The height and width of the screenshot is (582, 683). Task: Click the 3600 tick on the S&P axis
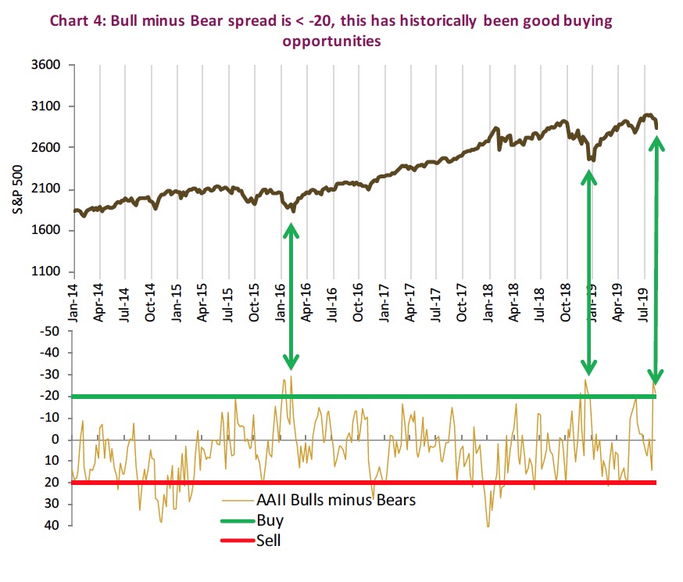(45, 65)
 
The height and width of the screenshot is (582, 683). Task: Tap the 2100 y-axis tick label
(45, 189)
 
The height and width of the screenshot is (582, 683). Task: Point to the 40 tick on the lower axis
(53, 525)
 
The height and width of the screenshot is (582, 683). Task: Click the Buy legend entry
(270, 520)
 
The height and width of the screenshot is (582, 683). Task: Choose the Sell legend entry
(268, 541)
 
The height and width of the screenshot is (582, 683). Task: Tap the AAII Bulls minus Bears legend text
(336, 500)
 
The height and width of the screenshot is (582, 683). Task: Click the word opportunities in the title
(331, 41)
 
